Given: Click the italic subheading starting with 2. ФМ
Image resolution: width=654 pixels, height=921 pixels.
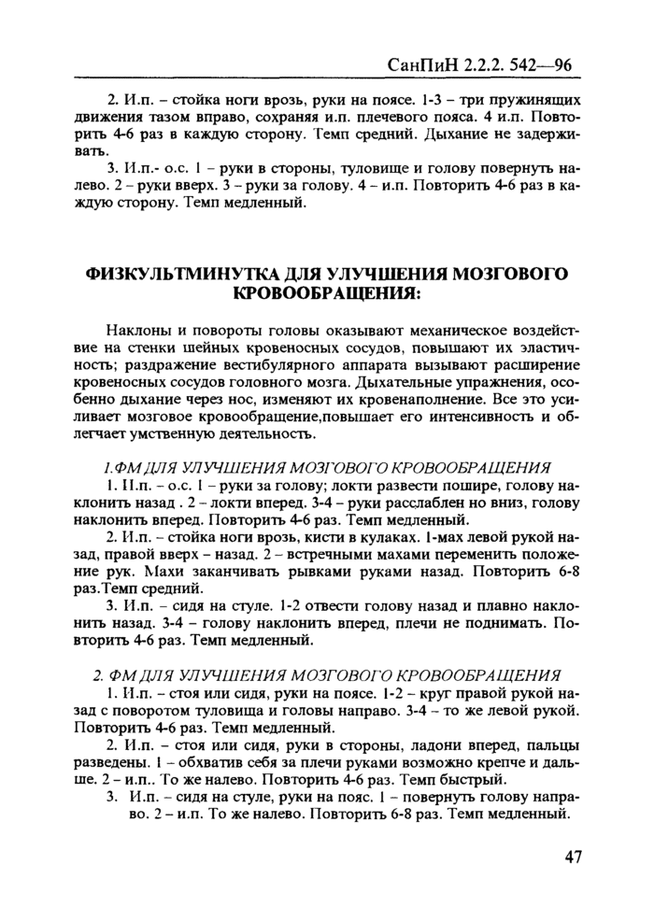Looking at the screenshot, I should pyautogui.click(x=327, y=675).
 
